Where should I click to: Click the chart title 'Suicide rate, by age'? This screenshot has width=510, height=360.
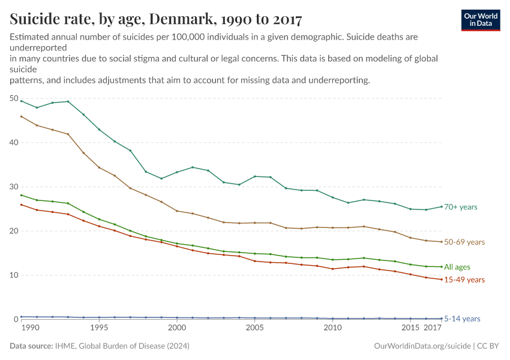156,20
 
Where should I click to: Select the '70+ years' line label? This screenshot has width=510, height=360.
460,207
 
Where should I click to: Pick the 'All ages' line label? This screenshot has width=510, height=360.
457,267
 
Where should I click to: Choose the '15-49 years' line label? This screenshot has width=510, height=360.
464,280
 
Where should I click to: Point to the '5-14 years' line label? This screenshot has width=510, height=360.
462,319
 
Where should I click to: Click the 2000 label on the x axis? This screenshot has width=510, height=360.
176,329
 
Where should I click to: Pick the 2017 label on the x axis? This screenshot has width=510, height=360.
433,329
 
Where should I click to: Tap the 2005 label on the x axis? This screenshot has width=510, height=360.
255,329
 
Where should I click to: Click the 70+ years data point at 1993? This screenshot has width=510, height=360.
68,101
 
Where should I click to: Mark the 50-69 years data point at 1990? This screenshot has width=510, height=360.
22,116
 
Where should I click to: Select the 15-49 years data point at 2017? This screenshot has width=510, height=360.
442,280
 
